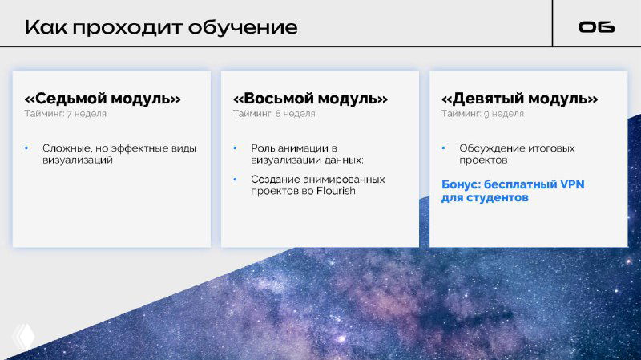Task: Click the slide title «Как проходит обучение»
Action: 160,27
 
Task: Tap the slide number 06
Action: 596,27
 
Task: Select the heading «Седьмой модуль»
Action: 103,99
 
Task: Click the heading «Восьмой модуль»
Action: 310,99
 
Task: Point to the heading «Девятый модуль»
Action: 519,99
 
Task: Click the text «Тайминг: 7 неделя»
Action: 65,114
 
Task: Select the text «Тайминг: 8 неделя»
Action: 274,114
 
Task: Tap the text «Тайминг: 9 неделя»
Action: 482,114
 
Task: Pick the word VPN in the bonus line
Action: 571,184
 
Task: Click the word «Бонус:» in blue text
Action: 462,184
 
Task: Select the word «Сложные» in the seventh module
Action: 66,148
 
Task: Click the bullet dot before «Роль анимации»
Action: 235,148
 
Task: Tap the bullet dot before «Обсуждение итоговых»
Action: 444,148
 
